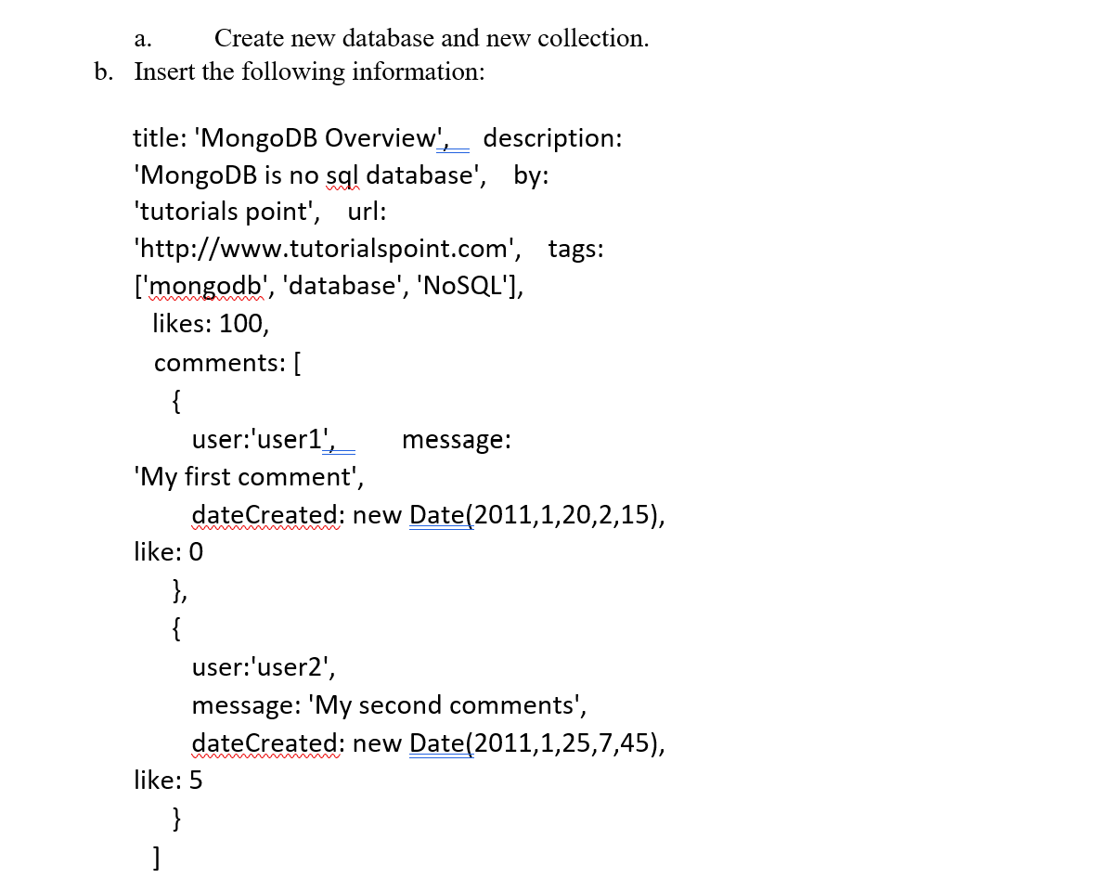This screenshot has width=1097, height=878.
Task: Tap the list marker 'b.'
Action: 104,71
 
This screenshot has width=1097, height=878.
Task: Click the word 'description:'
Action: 552,138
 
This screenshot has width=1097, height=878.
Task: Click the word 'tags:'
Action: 575,249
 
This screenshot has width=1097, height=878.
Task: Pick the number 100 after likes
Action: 244,324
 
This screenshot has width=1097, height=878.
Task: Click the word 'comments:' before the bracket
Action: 220,362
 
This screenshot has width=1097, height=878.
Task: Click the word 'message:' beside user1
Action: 456,439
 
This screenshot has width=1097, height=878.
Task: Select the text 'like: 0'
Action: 168,552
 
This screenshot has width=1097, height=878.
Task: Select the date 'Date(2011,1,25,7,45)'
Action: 536,743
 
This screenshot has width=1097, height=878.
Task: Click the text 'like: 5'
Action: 168,781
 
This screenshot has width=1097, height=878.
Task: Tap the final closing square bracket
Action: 160,857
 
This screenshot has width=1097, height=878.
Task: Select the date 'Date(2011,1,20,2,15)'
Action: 536,515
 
